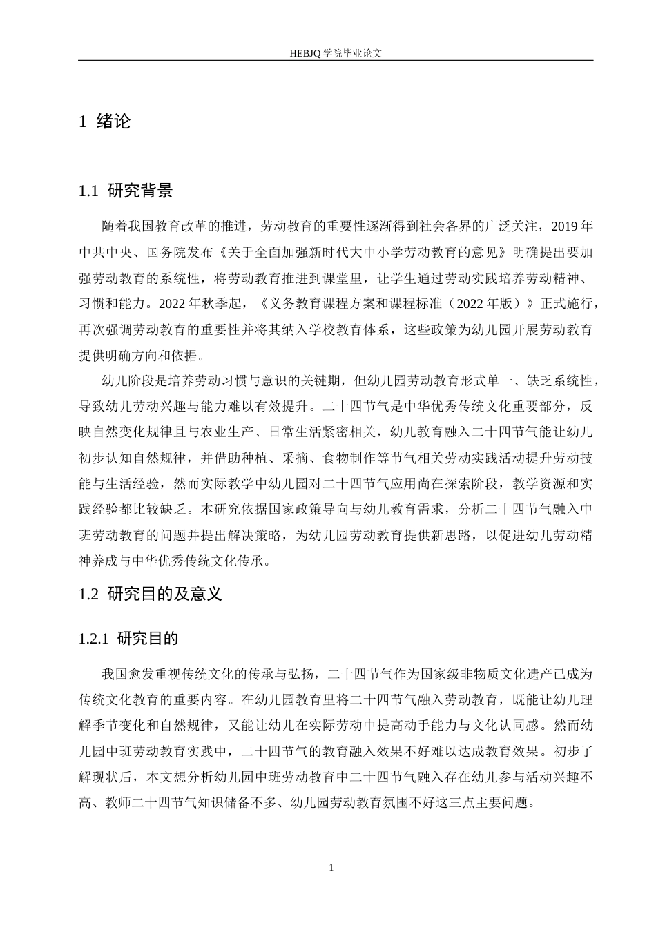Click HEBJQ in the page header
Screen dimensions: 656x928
[305, 52]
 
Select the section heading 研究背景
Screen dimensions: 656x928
[140, 191]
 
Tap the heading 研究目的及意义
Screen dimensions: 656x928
[165, 594]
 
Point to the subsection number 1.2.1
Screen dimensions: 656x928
[95, 639]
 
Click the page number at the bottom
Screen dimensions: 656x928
[331, 867]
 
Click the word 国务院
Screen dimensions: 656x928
[169, 253]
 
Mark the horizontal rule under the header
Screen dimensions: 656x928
[335, 61]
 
